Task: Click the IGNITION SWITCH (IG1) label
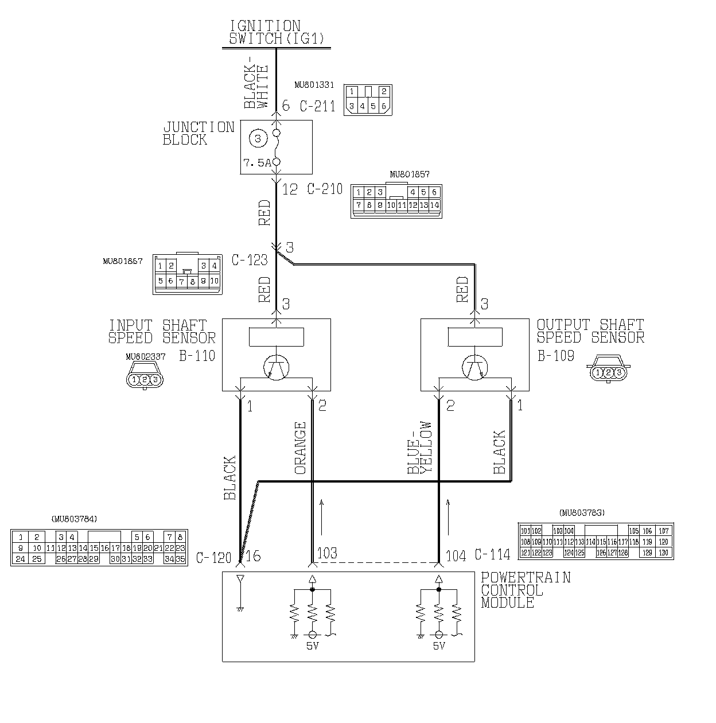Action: click(x=276, y=32)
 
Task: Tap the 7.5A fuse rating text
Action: click(x=256, y=163)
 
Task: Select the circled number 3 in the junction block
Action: click(x=258, y=138)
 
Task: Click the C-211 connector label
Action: click(x=317, y=106)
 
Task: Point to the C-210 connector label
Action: click(x=324, y=189)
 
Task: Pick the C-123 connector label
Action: click(x=250, y=260)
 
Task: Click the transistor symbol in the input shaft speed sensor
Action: click(x=276, y=367)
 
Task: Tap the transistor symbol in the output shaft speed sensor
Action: click(x=474, y=367)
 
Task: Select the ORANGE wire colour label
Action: click(x=301, y=448)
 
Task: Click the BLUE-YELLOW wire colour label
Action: click(x=419, y=448)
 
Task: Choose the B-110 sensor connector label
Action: click(x=197, y=356)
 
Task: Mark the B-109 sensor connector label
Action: click(x=555, y=356)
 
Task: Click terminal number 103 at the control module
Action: click(x=327, y=554)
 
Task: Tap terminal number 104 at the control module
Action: click(x=456, y=555)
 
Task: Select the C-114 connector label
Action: click(x=492, y=555)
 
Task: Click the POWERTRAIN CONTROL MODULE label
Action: click(x=526, y=590)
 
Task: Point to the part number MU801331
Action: click(x=314, y=85)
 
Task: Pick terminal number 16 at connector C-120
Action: click(x=253, y=556)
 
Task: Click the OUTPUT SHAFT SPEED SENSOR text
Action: click(x=590, y=332)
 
